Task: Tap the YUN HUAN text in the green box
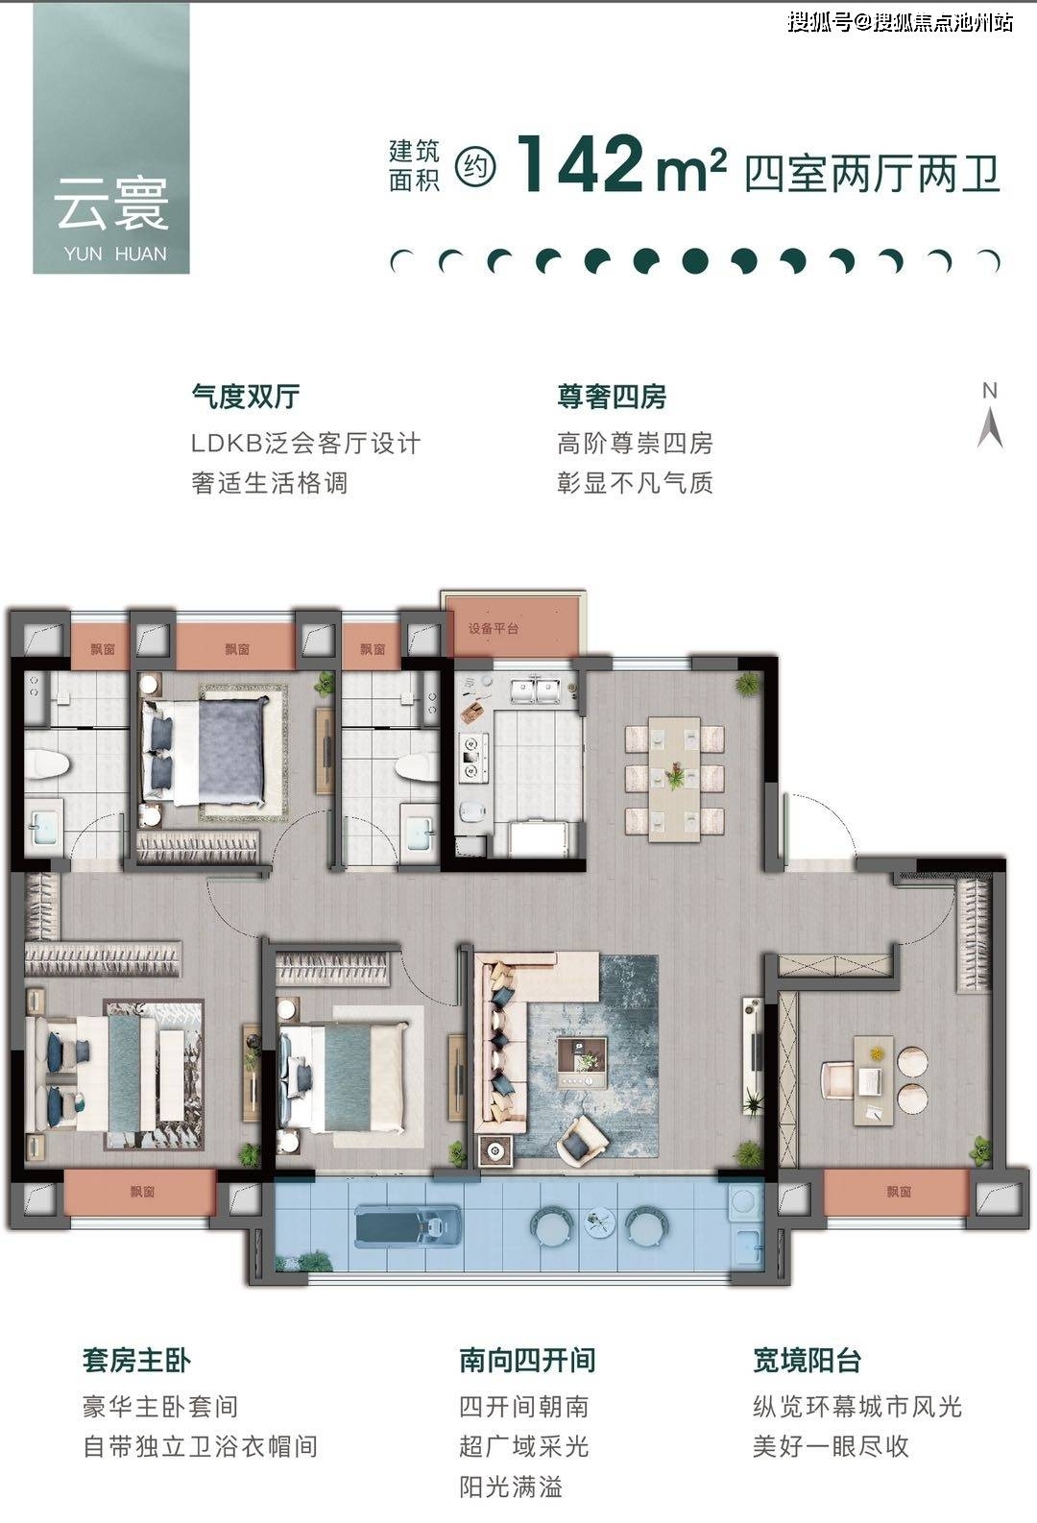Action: tap(115, 254)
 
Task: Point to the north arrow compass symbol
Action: tap(990, 415)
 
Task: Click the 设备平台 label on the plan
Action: tap(493, 629)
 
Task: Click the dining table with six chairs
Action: tap(674, 779)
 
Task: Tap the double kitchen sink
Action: tap(536, 690)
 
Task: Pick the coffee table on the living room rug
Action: tap(582, 1063)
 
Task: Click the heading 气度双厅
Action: tap(246, 397)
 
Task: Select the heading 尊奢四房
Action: tap(612, 397)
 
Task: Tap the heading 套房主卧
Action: tap(136, 1361)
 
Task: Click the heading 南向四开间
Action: tap(527, 1361)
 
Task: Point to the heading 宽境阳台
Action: tap(808, 1361)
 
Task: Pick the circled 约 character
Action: tap(475, 166)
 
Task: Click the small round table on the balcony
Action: tap(599, 1221)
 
